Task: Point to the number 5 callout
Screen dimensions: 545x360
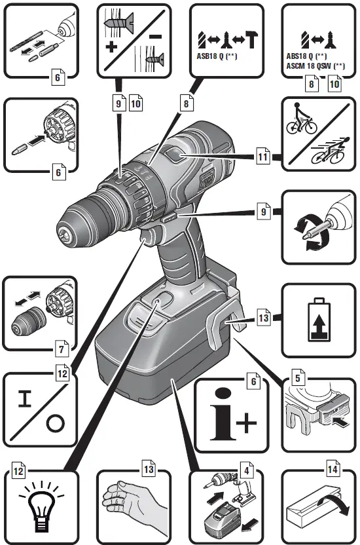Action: pyautogui.click(x=298, y=377)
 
